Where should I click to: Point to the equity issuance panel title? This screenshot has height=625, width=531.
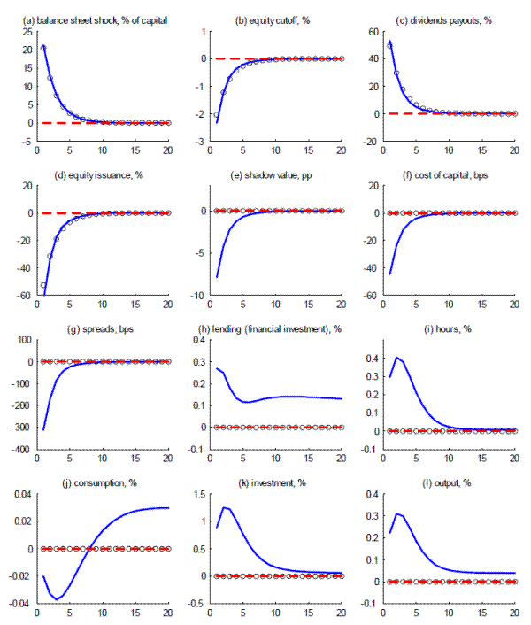[x=94, y=174]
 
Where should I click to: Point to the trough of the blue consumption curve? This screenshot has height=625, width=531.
[x=57, y=599]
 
